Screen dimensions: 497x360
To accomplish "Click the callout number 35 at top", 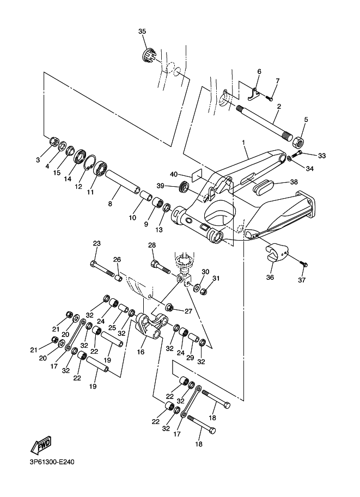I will pos(142,32).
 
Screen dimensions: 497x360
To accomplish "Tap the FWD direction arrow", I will pos(41,446).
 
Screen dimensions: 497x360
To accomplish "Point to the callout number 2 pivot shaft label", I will pos(278,107).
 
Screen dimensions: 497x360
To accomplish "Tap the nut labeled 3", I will pos(54,142).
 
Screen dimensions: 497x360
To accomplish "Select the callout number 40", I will pos(174,174).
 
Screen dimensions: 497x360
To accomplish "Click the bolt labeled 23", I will pos(105,268).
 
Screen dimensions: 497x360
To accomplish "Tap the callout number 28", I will pos(152,246).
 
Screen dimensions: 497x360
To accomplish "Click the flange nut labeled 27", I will pos(169,309).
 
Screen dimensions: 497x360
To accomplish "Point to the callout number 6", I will pos(259,72).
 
